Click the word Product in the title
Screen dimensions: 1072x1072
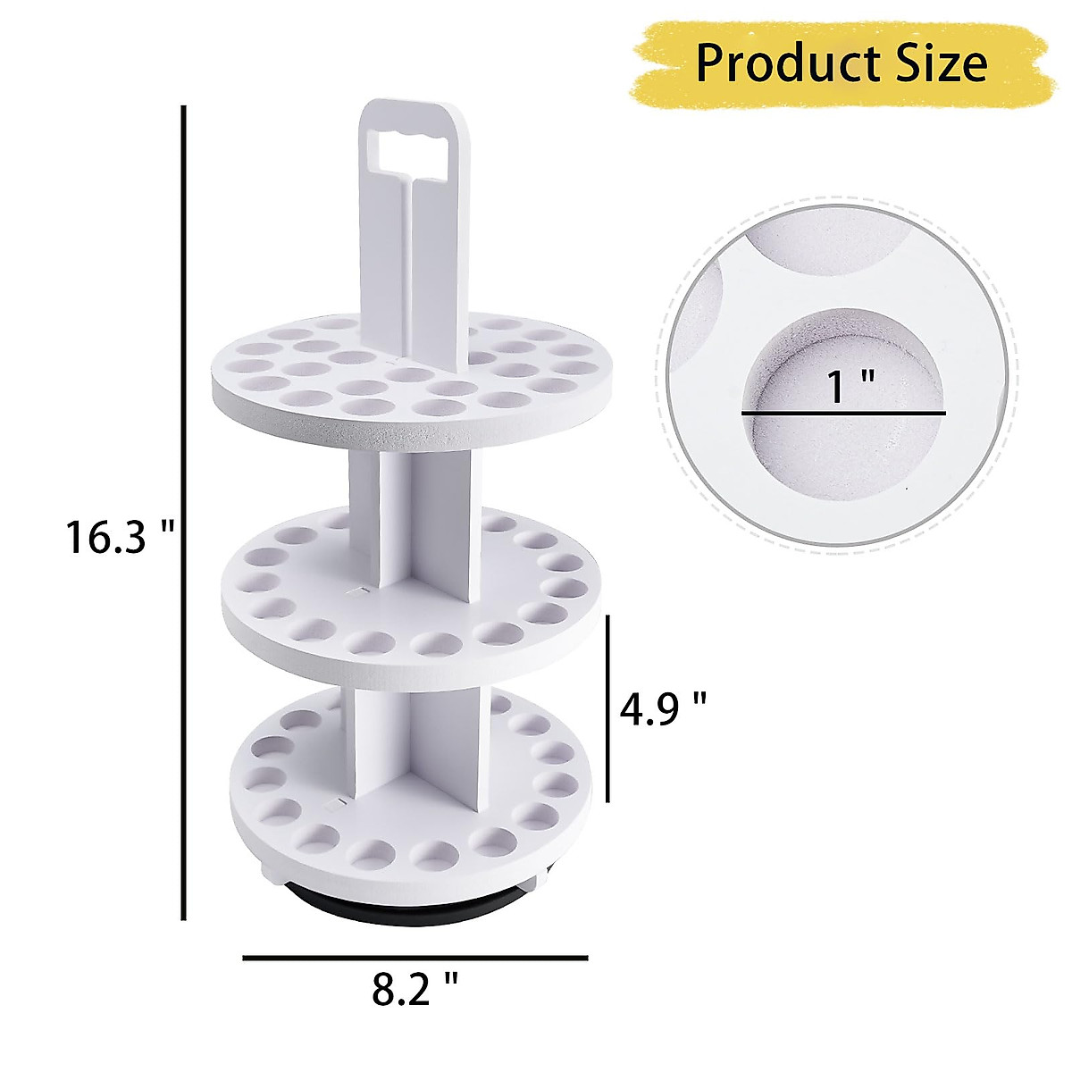click(x=766, y=64)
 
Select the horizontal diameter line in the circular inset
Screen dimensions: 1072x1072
click(x=842, y=414)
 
